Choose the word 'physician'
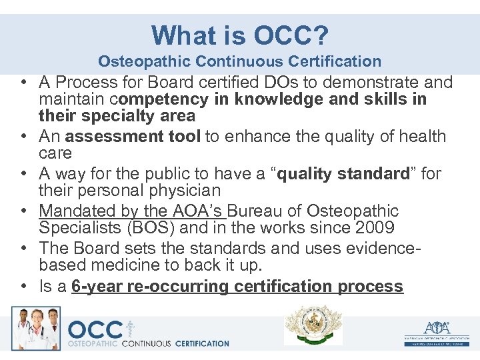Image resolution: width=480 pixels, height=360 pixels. (184, 191)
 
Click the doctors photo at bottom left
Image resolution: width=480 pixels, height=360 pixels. (35, 328)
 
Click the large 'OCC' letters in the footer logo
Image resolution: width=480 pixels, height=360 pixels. (95, 330)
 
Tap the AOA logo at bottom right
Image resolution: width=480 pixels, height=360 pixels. (436, 331)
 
